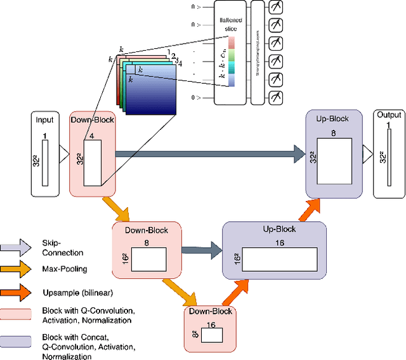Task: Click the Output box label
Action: pos(388,115)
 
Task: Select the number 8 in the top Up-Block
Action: pos(333,134)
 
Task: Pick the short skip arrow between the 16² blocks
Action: pos(202,250)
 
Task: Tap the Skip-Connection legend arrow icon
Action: pos(16,246)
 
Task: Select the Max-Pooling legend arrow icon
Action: pos(16,269)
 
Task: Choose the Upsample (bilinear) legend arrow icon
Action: pos(16,293)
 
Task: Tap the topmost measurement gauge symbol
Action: pos(277,8)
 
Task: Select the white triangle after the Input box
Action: pos(63,152)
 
